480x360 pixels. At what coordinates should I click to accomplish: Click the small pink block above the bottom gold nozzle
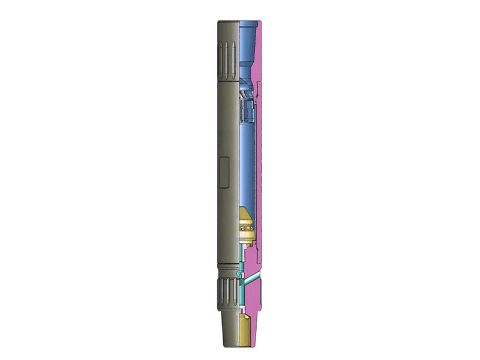point(242,310)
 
